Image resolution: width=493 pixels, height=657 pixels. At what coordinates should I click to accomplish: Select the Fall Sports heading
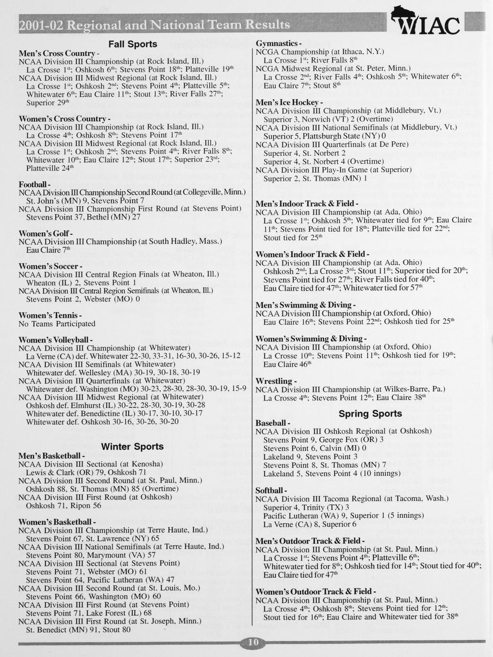[132, 44]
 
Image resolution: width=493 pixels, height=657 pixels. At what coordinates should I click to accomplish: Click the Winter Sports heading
[132, 447]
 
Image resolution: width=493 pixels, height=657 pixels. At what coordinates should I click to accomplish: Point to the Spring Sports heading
[370, 414]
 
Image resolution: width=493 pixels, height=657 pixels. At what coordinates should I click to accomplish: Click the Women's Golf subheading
[45, 234]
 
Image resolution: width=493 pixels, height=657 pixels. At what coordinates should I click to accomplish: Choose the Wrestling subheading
[276, 381]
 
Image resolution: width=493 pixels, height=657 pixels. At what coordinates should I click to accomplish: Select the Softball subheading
[271, 490]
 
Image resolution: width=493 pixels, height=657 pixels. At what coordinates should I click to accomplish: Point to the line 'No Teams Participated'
[57, 324]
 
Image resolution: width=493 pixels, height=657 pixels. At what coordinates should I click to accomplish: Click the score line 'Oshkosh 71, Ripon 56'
[63, 506]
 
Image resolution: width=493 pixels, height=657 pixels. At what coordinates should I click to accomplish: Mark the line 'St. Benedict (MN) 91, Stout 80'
[78, 630]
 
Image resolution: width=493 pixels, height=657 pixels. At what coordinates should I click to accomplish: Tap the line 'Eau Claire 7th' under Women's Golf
[42, 250]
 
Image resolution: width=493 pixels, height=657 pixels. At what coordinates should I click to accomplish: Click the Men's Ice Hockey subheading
[289, 102]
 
